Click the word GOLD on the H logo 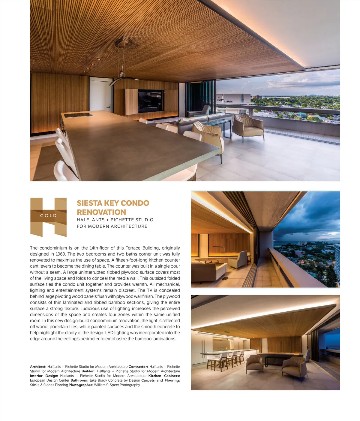[48, 216]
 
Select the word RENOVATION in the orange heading [101, 212]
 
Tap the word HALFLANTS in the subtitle [91, 220]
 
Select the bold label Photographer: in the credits [81, 385]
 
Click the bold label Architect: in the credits [38, 367]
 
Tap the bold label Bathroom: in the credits [79, 380]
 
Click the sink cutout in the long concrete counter [78, 115]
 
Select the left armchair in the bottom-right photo [254, 364]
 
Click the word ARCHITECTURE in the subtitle [129, 226]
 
